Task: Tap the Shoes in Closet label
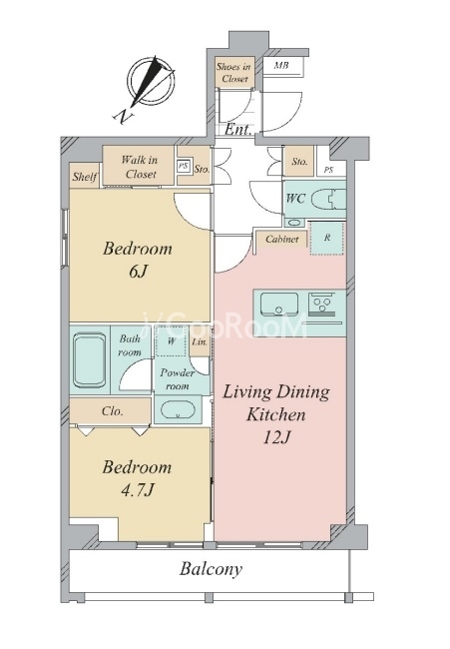pyautogui.click(x=234, y=72)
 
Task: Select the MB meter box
pyautogui.click(x=283, y=66)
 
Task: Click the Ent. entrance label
pyautogui.click(x=238, y=129)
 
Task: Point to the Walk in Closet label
pyautogui.click(x=140, y=167)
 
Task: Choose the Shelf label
pyautogui.click(x=85, y=177)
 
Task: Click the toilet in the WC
pyautogui.click(x=327, y=200)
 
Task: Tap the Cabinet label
pyautogui.click(x=281, y=239)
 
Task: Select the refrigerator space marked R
pyautogui.click(x=327, y=238)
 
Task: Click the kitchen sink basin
pyautogui.click(x=279, y=304)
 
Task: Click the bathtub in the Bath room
pyautogui.click(x=90, y=360)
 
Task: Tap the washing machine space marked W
pyautogui.click(x=172, y=341)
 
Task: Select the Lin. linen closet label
pyautogui.click(x=200, y=341)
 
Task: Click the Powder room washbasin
pyautogui.click(x=178, y=410)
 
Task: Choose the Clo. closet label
pyautogui.click(x=113, y=411)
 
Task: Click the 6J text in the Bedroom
pyautogui.click(x=138, y=272)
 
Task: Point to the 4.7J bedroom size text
pyautogui.click(x=138, y=490)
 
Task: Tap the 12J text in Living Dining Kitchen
pyautogui.click(x=277, y=437)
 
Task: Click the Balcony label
pyautogui.click(x=211, y=569)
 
